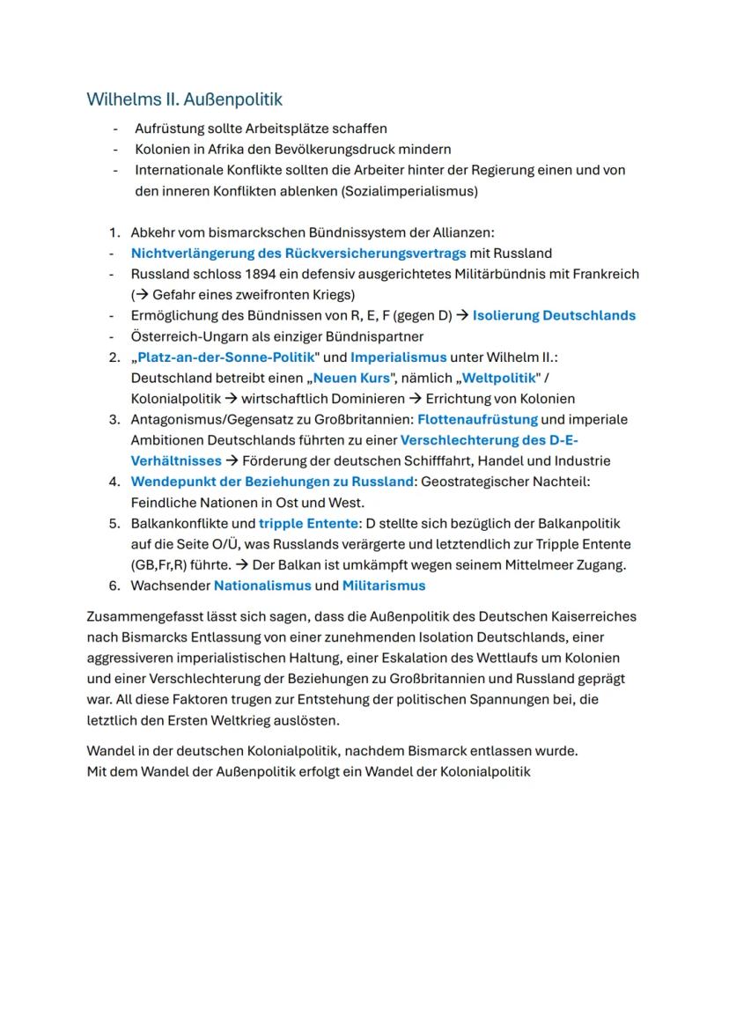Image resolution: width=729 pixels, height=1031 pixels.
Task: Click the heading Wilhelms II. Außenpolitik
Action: (184, 99)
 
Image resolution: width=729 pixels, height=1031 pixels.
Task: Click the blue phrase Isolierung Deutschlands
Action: (554, 315)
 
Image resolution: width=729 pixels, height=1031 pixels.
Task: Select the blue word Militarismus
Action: (384, 585)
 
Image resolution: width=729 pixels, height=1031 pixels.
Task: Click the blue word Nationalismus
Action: (262, 585)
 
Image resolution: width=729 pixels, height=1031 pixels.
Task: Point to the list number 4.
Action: (114, 482)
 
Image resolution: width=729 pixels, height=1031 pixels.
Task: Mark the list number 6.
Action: (114, 585)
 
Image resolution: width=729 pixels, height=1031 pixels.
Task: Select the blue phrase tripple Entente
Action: (308, 523)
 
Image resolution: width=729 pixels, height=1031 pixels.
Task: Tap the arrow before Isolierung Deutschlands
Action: (461, 315)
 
